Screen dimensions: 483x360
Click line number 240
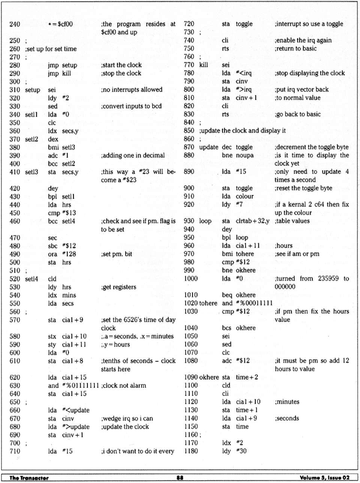15,24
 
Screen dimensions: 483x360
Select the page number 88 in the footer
180,477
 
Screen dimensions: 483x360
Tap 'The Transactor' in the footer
29,477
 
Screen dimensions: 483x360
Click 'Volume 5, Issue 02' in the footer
325,477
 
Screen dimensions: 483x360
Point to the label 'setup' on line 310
33,90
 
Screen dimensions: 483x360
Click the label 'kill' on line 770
204,65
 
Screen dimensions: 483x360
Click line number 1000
191,279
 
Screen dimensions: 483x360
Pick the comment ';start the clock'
121,65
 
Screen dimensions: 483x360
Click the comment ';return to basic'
295,48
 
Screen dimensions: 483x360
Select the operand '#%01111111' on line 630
81,386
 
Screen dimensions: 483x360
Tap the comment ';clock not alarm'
123,386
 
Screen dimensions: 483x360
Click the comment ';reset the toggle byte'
303,188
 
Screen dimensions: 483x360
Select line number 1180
191,451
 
